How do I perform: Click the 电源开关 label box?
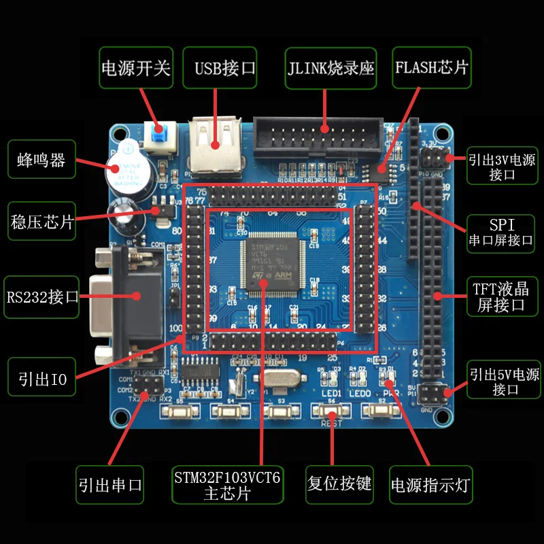[135, 67]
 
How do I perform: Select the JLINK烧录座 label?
[330, 67]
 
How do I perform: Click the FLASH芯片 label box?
[432, 67]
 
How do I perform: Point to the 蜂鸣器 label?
[41, 160]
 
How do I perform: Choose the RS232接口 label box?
[43, 296]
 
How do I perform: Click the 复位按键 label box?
[339, 483]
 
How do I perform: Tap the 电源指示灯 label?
[430, 485]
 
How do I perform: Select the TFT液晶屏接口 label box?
[501, 296]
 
